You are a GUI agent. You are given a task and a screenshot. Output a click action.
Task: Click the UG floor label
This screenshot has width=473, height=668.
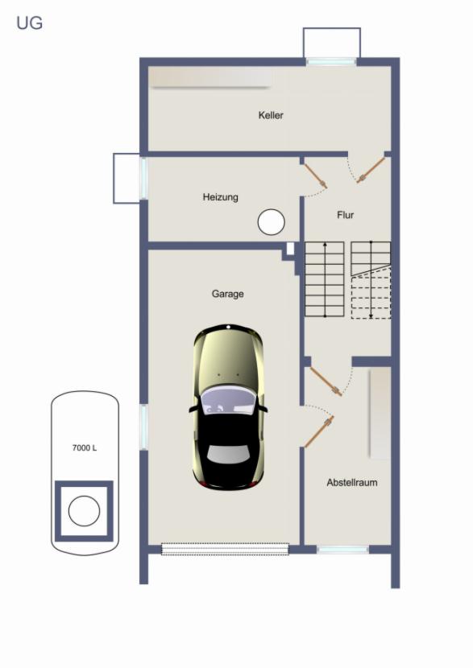[30, 23]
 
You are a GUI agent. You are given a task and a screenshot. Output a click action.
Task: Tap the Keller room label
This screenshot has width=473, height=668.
[271, 115]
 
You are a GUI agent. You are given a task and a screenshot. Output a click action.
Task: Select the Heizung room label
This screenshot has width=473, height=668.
[220, 197]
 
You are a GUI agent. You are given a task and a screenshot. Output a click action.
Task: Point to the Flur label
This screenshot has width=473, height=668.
[345, 215]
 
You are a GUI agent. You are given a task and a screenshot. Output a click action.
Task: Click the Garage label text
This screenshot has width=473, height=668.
[228, 294]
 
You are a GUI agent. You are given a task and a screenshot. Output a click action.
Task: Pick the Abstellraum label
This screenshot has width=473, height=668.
[352, 483]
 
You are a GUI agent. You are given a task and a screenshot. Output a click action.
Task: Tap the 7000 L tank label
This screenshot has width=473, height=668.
[85, 447]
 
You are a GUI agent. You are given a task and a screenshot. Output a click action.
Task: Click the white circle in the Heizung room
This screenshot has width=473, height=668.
[271, 222]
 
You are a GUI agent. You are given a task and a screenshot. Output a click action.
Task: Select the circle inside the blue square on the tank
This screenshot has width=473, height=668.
[84, 510]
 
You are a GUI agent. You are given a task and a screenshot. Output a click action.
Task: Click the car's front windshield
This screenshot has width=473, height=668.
[229, 401]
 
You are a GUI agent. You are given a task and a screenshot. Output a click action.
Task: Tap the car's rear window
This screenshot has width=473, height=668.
[229, 455]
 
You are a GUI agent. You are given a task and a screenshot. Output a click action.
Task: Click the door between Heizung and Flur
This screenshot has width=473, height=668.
[316, 176]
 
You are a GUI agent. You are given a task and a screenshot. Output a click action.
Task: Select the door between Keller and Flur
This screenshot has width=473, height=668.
[371, 171]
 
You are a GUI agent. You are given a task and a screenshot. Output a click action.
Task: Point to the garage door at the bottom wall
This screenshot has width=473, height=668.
[225, 549]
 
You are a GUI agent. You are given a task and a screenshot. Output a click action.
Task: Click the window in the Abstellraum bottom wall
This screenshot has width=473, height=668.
[343, 550]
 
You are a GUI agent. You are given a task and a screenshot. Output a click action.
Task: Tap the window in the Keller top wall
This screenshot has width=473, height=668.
[331, 61]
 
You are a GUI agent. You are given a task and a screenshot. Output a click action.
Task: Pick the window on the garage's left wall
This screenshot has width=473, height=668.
[143, 427]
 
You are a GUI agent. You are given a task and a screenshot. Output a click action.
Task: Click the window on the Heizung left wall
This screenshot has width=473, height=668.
[143, 178]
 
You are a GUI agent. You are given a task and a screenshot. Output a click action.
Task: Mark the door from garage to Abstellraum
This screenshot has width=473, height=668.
[319, 432]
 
